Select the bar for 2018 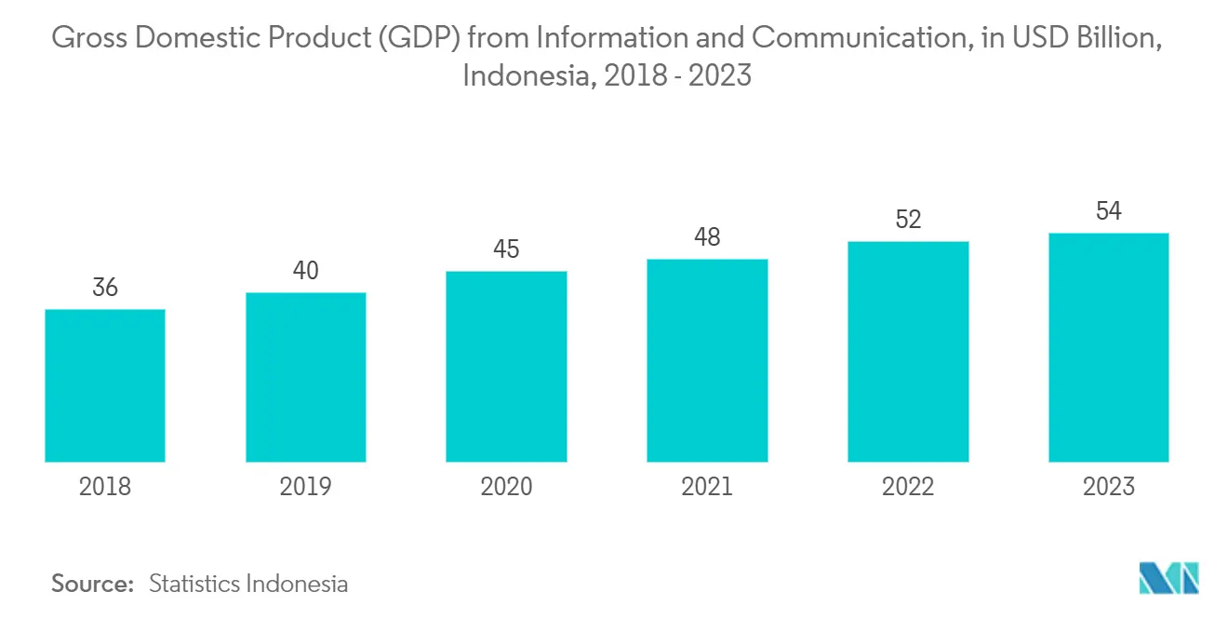[105, 385]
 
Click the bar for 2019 [306, 377]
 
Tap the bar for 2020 [506, 367]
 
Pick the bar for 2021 [707, 360]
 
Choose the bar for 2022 [908, 352]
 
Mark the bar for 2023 [1108, 347]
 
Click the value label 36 [105, 288]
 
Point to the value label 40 [306, 271]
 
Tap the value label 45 [506, 249]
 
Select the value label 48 [707, 237]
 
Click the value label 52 [908, 220]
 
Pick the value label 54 [1108, 211]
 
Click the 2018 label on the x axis [105, 486]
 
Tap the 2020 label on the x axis [506, 486]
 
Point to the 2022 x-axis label [908, 486]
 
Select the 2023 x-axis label [1108, 486]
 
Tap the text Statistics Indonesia [248, 584]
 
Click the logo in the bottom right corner [1169, 578]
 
